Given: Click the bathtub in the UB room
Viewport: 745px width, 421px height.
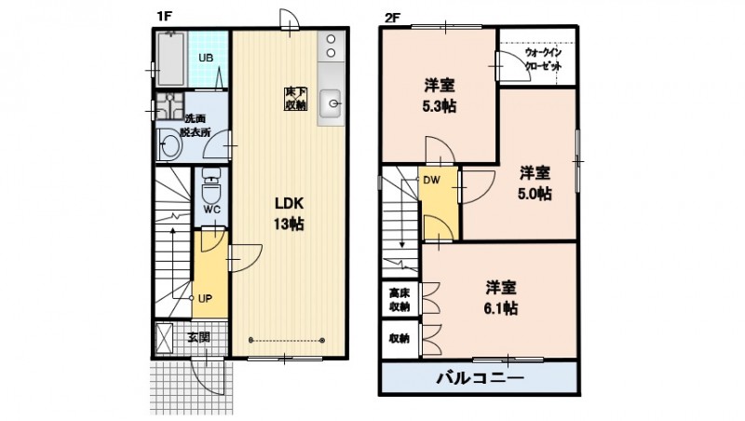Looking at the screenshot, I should point(172,58).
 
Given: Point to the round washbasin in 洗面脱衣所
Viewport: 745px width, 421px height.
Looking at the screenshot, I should point(169,144).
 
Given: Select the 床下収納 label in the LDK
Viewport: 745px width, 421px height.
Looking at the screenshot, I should point(295,99).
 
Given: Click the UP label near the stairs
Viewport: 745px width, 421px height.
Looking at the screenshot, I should point(206,299).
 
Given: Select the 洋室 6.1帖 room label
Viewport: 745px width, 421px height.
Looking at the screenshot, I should point(501,296).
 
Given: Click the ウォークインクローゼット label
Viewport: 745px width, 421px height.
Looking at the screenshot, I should point(542,61).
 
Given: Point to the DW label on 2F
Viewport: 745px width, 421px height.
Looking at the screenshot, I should point(431,181).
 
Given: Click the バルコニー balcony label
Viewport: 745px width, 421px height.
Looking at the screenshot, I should point(481,379).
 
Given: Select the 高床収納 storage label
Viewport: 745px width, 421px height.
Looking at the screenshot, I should point(399,299).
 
